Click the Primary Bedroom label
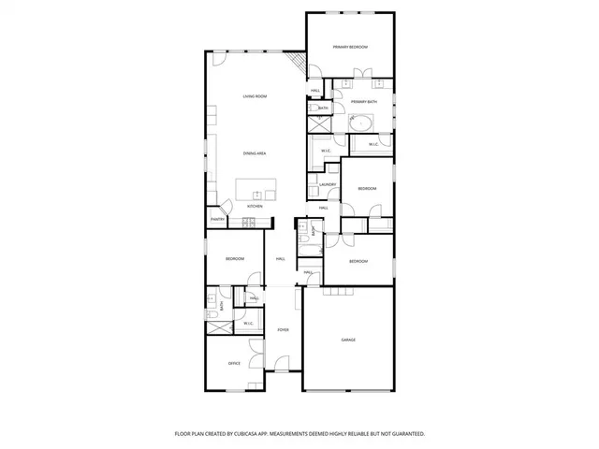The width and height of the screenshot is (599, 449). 350,47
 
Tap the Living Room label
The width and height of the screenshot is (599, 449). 256,96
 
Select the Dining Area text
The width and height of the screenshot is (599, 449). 256,152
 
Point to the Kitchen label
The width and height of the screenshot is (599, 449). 255,206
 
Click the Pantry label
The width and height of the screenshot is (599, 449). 216,220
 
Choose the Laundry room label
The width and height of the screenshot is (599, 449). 327,184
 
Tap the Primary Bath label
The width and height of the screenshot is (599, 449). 364,101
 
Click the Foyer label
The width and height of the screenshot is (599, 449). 283,330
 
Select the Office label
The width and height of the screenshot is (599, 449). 235,363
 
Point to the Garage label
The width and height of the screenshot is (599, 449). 348,340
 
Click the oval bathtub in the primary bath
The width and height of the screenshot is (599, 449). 362,122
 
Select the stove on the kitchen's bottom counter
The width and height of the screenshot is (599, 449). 249,223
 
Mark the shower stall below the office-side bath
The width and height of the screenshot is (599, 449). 218,326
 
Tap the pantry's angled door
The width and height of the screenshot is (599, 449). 223,210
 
